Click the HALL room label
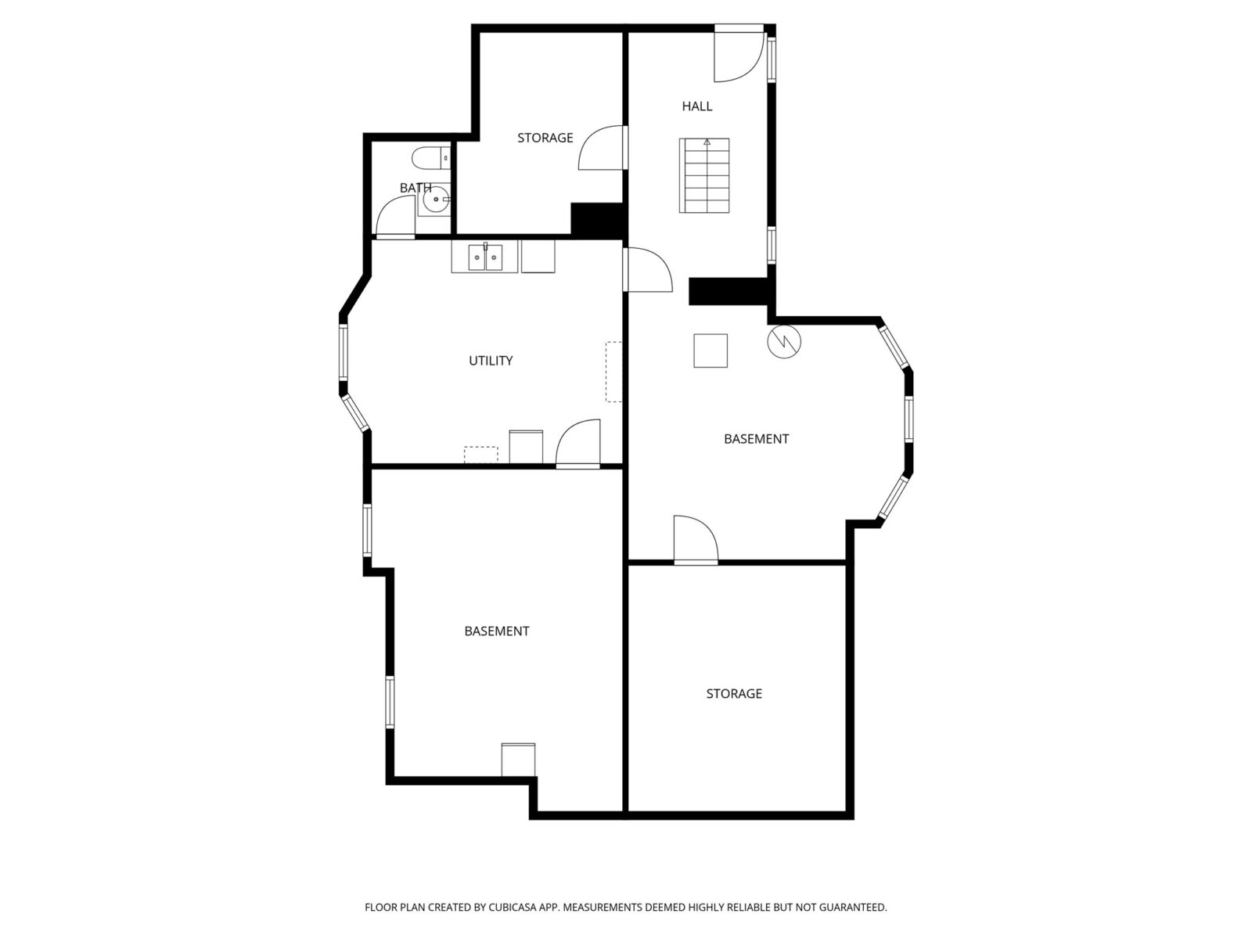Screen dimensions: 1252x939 (696, 106)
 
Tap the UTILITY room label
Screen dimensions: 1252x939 (491, 360)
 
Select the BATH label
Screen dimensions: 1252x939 (416, 188)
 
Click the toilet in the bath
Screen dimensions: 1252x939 (430, 158)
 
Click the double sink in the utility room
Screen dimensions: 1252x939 (485, 257)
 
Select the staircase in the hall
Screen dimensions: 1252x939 (703, 175)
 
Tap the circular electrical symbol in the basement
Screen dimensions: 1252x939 (784, 341)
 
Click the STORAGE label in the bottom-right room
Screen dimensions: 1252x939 (733, 693)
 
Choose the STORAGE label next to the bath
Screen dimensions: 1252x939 (545, 138)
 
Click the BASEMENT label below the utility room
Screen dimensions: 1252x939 (496, 631)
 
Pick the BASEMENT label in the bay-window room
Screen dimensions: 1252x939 (756, 439)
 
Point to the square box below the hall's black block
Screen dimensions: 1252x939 (711, 351)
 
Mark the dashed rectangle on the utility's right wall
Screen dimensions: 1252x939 (613, 372)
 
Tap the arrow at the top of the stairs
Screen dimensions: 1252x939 (707, 142)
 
